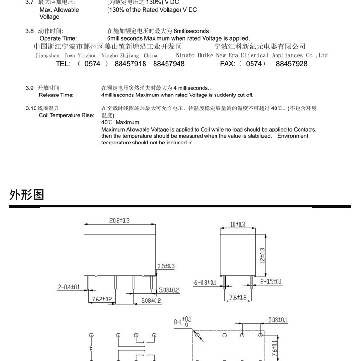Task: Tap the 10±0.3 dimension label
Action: coord(238,224)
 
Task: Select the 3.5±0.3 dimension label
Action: coord(166,266)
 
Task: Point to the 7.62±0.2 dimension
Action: coord(102,299)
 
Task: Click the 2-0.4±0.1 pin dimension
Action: coord(69,287)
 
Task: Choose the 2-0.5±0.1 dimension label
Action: coord(271,282)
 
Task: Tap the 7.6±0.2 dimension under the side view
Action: coord(238,298)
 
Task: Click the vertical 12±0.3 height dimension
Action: coord(262,255)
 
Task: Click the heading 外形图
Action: coord(26,194)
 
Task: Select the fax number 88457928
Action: coord(292,64)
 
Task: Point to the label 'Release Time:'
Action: coord(56,95)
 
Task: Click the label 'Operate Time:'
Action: coord(58,38)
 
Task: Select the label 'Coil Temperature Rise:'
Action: coord(66,115)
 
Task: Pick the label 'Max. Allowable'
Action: coord(60,10)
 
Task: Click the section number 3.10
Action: coord(31,108)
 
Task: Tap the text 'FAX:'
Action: coord(228,64)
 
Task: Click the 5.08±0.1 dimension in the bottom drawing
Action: coord(278,320)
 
